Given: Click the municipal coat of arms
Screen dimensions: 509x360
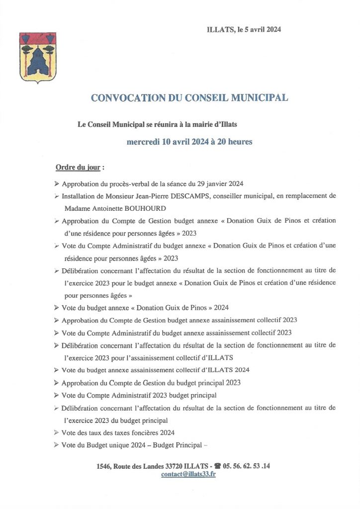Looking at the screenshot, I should coord(38,57).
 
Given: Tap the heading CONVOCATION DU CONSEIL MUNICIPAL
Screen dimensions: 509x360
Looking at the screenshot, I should coord(189,98).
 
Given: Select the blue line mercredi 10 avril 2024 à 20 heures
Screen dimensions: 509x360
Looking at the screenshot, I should coord(189,142).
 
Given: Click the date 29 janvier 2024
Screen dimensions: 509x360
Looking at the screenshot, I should coord(218,183).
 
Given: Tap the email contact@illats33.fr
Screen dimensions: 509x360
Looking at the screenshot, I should coord(188,474).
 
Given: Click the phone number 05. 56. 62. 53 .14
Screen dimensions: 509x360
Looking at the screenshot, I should coord(247,466).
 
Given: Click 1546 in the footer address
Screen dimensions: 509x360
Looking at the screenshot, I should coord(104,466).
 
